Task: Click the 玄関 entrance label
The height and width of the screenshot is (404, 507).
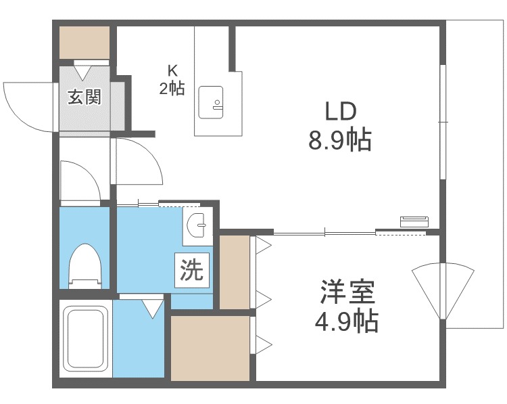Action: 84,97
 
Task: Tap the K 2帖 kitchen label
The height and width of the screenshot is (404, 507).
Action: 172,80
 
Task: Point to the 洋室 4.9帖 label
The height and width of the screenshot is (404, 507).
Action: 347,306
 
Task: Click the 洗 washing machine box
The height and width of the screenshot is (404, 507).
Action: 192,270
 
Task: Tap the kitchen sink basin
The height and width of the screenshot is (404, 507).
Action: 211,102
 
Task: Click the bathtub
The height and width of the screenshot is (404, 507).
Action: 86,338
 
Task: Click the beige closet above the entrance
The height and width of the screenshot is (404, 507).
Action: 84,43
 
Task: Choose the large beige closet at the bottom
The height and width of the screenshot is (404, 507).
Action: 210,348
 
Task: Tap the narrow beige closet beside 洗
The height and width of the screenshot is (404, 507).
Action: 235,272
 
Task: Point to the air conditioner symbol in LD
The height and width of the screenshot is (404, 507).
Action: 414,222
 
